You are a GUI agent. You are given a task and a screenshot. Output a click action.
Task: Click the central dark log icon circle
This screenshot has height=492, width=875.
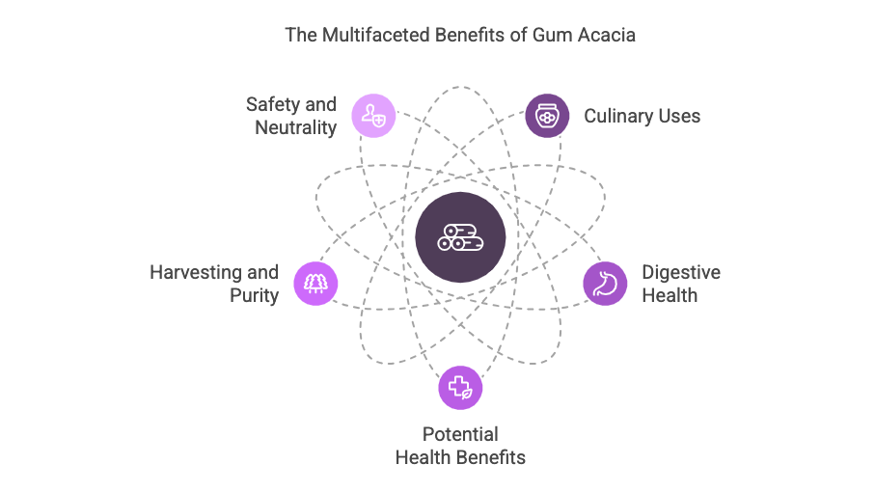point(460,237)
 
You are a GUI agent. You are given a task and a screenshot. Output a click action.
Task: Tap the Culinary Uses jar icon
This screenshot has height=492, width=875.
point(546,116)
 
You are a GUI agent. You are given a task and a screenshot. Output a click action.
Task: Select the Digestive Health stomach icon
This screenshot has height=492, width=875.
point(605,284)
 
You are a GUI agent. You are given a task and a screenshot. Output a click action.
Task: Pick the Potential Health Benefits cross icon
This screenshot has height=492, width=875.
point(460,388)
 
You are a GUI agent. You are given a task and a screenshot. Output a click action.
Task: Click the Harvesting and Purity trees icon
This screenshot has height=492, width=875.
point(315,284)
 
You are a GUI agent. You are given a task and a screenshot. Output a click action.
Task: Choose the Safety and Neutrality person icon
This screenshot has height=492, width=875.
point(373,116)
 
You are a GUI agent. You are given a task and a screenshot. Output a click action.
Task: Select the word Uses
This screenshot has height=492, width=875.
point(678,117)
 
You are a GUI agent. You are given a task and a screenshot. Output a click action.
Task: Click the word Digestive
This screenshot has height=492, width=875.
point(681,272)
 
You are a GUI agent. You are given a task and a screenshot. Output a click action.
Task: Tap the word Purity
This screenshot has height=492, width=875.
point(255,296)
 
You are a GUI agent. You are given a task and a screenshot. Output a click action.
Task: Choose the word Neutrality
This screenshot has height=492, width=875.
point(295,127)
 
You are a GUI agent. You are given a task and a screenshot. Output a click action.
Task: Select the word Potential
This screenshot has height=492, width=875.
point(460,434)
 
